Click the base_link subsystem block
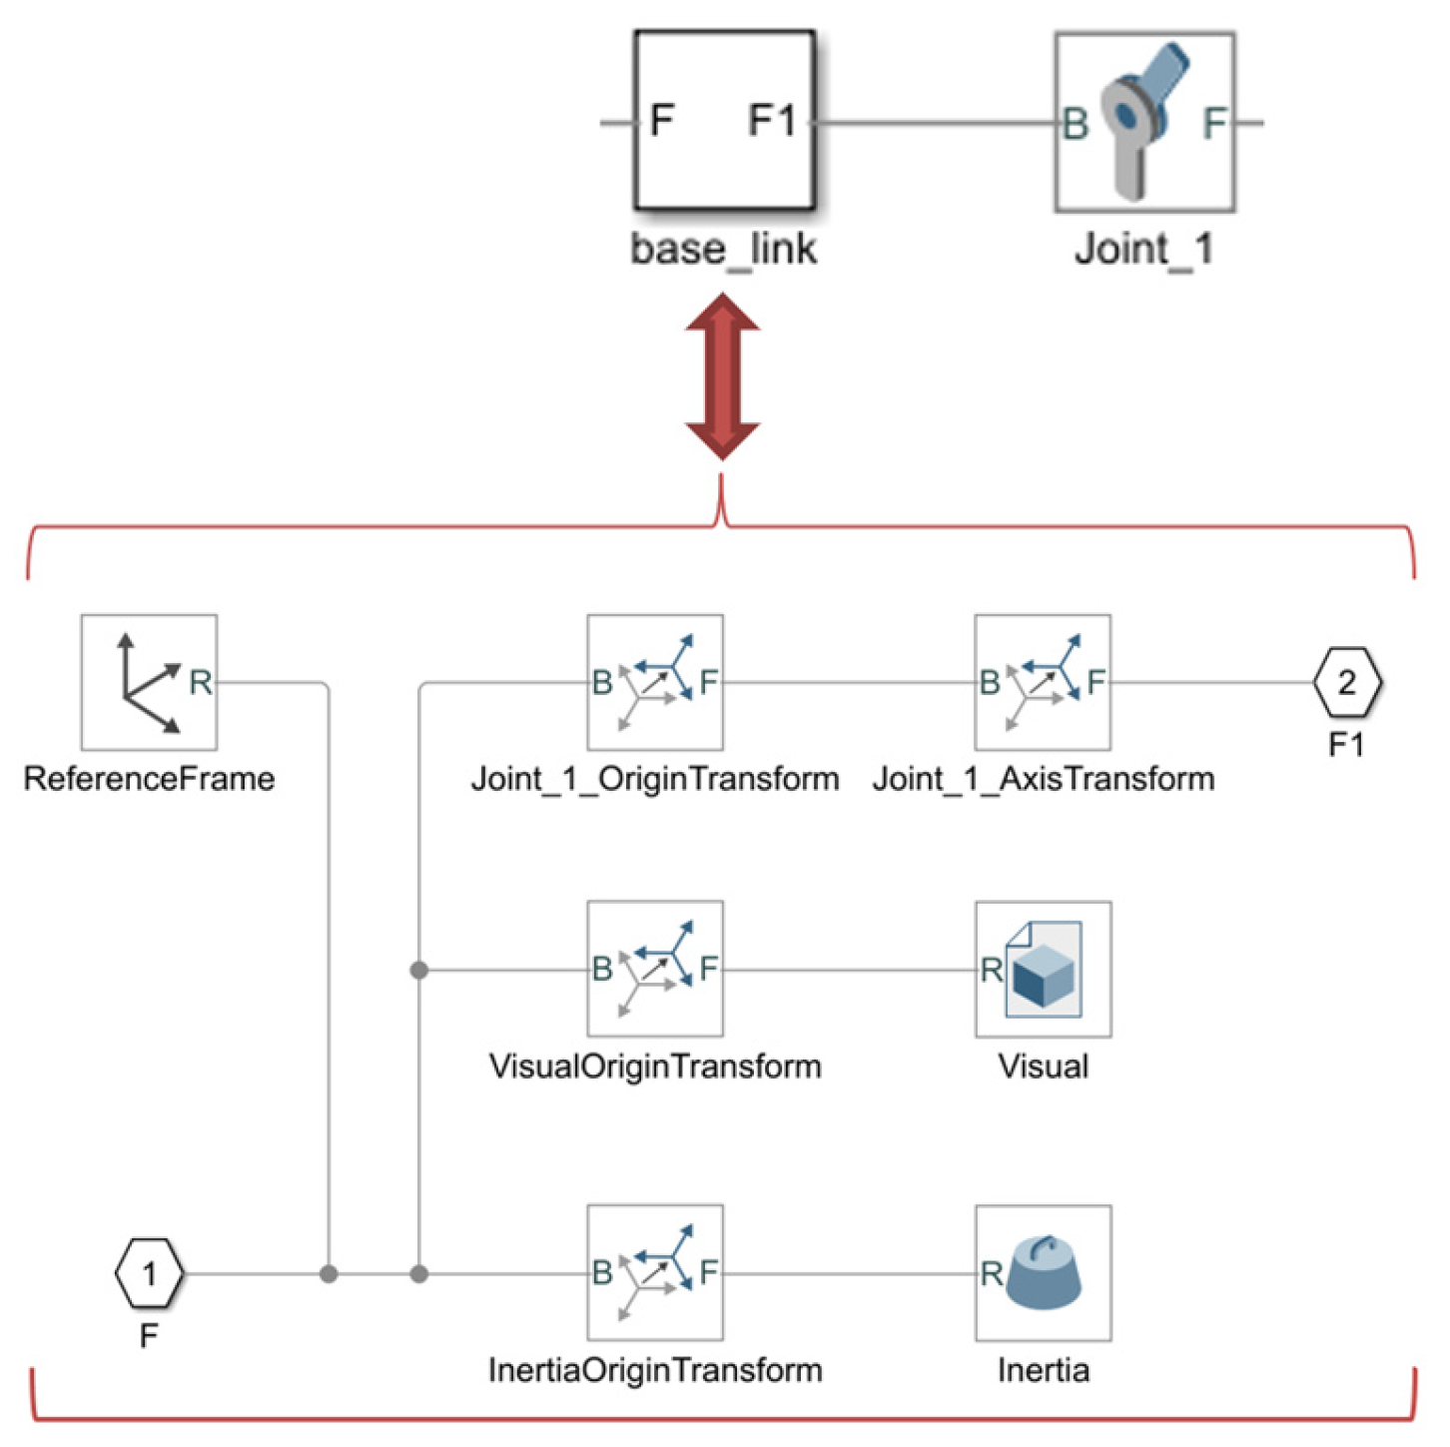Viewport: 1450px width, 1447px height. click(724, 120)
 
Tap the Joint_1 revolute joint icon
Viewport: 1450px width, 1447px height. click(1144, 122)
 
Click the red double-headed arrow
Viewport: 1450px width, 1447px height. click(722, 375)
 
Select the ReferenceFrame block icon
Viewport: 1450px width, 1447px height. click(149, 682)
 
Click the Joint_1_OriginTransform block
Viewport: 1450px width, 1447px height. click(655, 682)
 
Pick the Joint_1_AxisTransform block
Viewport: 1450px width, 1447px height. click(1043, 682)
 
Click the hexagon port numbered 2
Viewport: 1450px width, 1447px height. click(1346, 683)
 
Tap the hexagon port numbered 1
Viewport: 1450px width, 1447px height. click(149, 1273)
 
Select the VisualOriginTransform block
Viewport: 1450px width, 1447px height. click(655, 969)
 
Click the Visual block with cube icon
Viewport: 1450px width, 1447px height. click(1043, 969)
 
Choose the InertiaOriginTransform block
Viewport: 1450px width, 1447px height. click(655, 1272)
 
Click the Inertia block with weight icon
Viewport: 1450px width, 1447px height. click(1043, 1272)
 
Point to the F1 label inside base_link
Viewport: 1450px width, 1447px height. click(772, 121)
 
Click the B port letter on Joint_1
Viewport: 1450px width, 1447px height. click(1075, 124)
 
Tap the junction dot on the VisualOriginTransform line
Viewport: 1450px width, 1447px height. click(419, 970)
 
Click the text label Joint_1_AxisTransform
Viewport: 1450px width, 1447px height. click(1043, 779)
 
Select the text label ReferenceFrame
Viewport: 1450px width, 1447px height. click(149, 779)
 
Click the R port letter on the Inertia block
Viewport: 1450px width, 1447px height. click(991, 1273)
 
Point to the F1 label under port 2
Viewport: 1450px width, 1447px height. click(1346, 745)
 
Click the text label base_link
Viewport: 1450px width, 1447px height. click(724, 249)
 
